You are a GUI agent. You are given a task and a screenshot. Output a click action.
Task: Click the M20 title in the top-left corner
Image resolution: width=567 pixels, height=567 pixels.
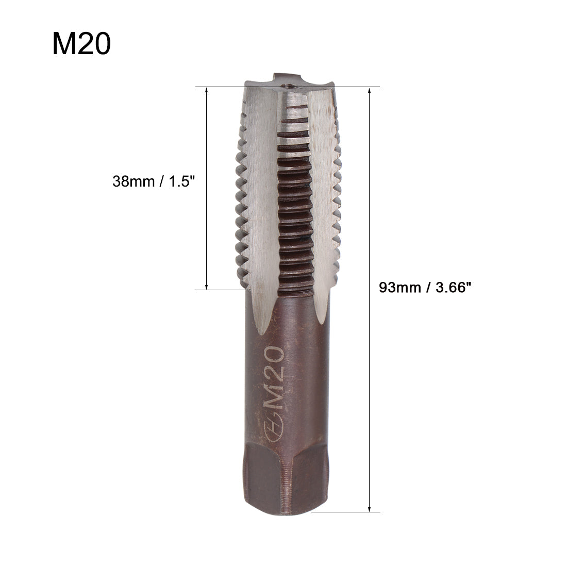pyautogui.click(x=81, y=44)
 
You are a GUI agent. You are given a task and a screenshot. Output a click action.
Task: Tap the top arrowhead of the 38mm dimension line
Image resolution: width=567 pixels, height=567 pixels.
pyautogui.click(x=207, y=91)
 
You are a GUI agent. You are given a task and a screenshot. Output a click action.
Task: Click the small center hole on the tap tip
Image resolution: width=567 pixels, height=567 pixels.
pyautogui.click(x=288, y=87)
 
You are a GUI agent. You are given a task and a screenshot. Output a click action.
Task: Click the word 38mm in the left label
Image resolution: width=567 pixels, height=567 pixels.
pyautogui.click(x=131, y=181)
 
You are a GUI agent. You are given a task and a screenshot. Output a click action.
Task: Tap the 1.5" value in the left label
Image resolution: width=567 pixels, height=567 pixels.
pyautogui.click(x=182, y=181)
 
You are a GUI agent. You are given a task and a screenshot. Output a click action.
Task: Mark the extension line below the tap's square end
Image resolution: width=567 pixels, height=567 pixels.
pyautogui.click(x=345, y=512)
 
